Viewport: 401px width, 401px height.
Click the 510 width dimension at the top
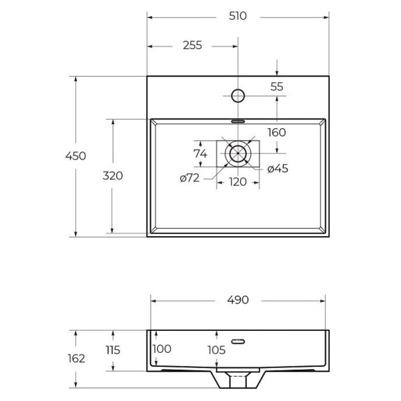(x=238, y=16)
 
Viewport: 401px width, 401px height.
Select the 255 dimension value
(x=192, y=45)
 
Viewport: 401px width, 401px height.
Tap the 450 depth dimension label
(x=76, y=156)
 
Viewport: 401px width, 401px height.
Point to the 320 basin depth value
(x=112, y=176)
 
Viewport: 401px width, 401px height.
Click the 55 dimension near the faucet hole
(x=277, y=87)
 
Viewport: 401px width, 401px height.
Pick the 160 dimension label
(x=277, y=132)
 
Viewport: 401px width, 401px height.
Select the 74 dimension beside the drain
(x=200, y=153)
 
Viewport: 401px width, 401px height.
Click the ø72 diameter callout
(x=189, y=178)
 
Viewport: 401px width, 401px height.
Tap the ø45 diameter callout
(x=278, y=169)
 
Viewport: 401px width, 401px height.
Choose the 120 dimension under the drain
(x=238, y=182)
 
